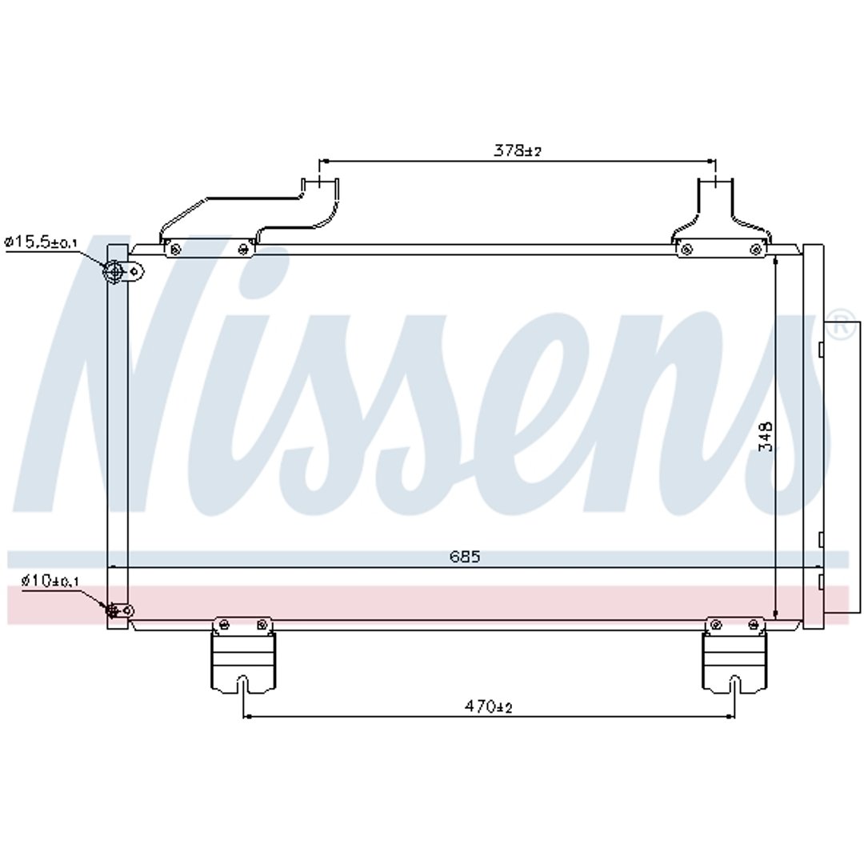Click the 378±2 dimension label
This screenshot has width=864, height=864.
coord(518,150)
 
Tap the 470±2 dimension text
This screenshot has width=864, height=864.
coord(488,706)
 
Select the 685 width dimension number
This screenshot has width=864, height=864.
coord(465,557)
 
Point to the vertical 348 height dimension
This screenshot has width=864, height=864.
coord(766,437)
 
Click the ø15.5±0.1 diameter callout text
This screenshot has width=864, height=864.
coord(42,242)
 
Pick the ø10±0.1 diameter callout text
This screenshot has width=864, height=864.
coord(50,580)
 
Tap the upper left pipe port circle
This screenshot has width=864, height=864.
coord(114,271)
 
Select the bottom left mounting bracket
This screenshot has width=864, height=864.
coord(243,654)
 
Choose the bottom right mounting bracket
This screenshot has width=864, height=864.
coord(734,654)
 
